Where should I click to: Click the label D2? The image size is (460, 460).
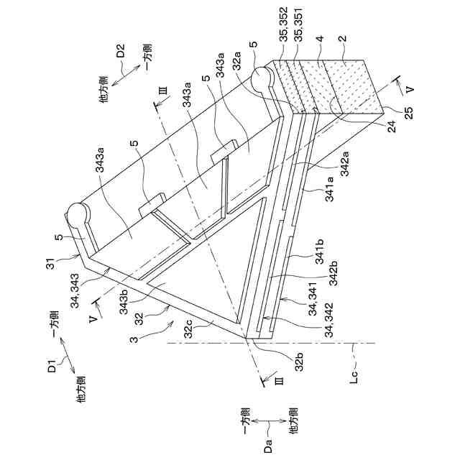pyautogui.click(x=121, y=52)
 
